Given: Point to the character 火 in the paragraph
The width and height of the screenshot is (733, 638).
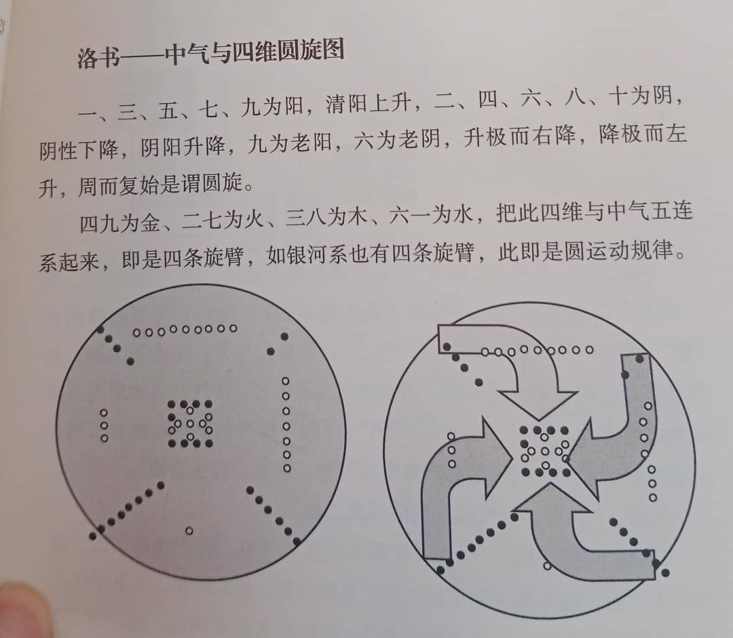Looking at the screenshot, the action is (253, 218).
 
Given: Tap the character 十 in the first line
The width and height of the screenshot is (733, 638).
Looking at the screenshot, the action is (619, 96).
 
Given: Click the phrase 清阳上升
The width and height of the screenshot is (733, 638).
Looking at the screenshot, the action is (368, 103).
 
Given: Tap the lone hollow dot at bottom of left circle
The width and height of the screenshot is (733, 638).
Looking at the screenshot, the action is (189, 531).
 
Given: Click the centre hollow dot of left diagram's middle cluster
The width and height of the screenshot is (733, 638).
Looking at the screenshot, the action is (190, 424).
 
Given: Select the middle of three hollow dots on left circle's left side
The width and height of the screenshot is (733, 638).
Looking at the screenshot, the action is (104, 426).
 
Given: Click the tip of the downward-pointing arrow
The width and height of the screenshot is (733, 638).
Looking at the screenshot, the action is (539, 420).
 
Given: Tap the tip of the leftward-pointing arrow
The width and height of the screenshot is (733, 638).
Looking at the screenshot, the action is (565, 458).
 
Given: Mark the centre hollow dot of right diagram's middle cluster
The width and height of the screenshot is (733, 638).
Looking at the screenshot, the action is (545, 452).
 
